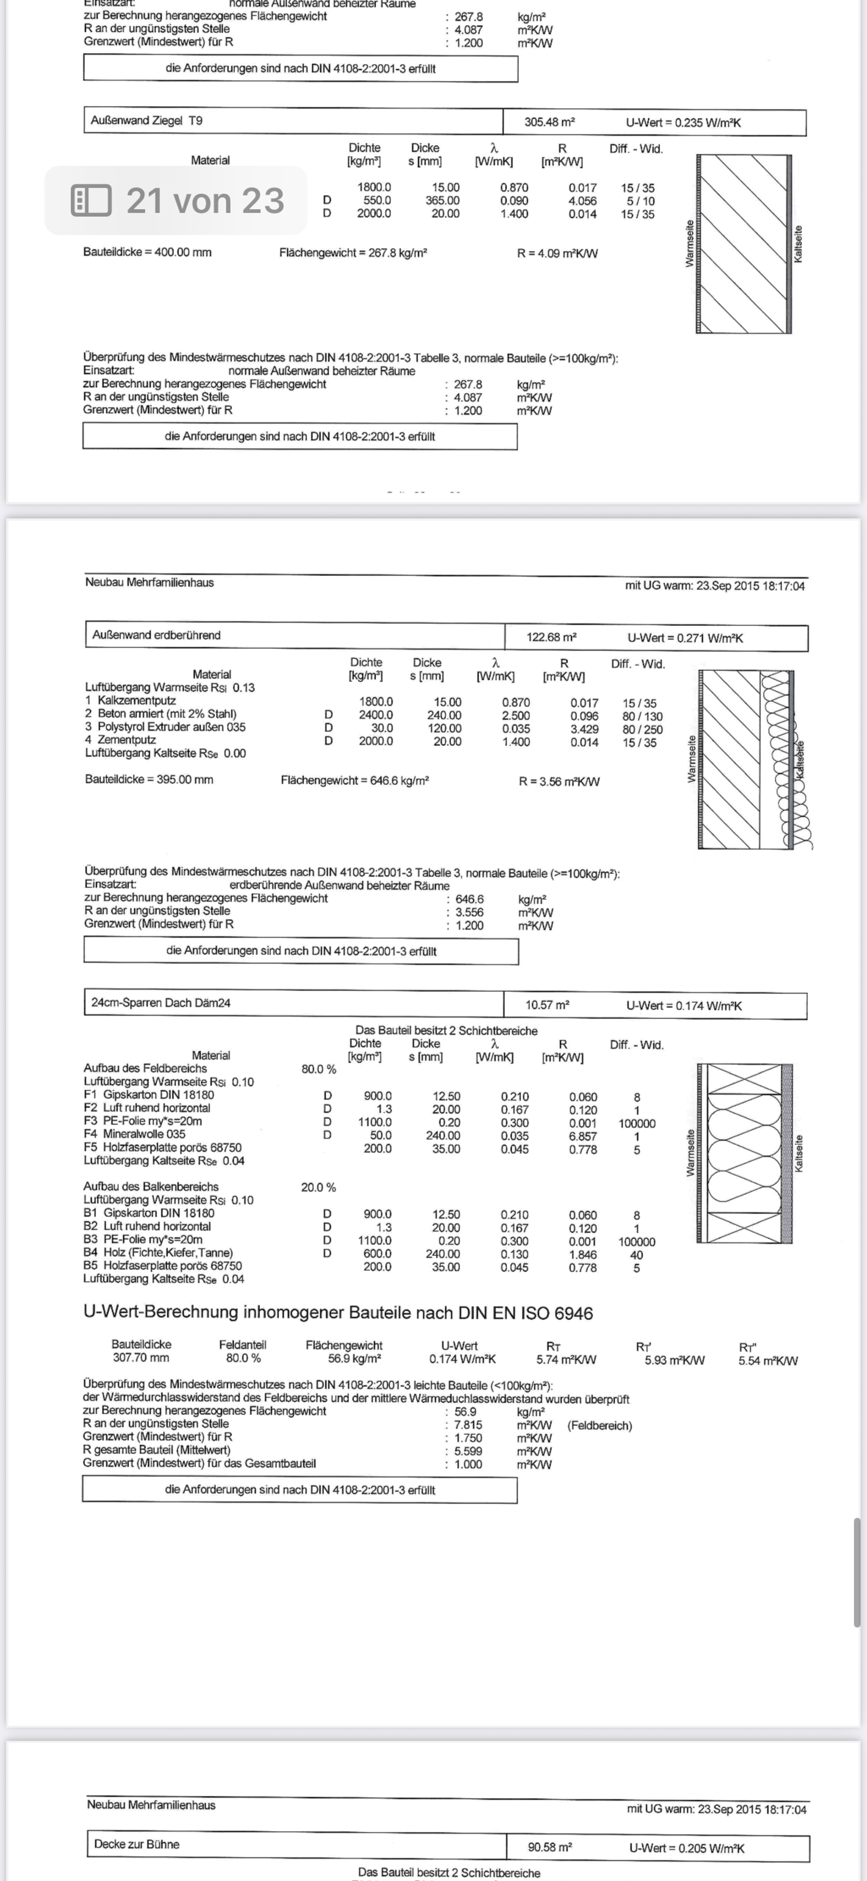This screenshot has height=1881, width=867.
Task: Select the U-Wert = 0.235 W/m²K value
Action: (683, 122)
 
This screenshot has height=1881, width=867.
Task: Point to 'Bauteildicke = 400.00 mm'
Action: (147, 252)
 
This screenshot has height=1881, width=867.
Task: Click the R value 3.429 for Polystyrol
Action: (584, 729)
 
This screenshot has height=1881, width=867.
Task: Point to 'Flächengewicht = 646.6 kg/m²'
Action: (354, 781)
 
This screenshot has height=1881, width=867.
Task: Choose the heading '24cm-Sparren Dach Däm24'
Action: (161, 1002)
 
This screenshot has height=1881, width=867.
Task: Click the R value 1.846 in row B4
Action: (583, 1255)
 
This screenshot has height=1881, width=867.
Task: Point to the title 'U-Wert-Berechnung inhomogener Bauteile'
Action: (338, 1312)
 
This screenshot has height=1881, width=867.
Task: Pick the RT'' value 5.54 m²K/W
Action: (768, 1360)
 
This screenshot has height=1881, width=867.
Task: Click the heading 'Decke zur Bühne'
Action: (136, 1844)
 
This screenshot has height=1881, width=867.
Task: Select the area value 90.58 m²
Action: (550, 1847)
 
